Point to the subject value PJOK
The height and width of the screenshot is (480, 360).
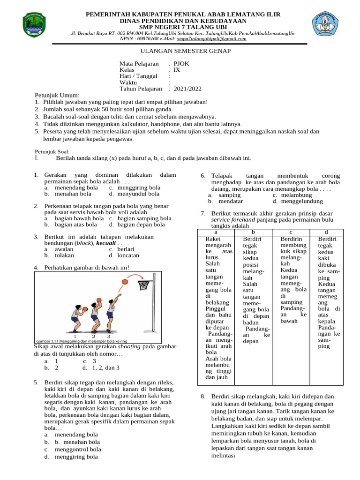point(182,63)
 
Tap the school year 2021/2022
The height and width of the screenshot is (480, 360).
point(187,89)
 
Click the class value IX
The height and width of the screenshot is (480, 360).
point(177,70)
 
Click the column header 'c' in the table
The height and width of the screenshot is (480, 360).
point(291,232)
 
